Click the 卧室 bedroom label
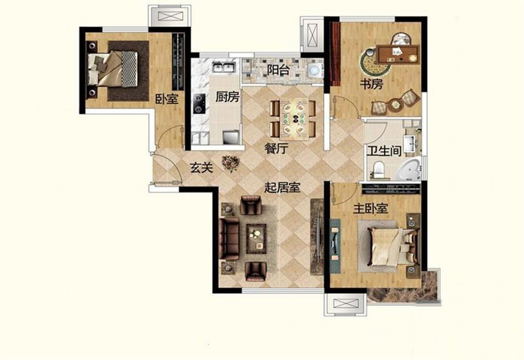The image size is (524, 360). [166, 99]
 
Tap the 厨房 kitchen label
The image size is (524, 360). [227, 97]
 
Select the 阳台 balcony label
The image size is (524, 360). [278, 70]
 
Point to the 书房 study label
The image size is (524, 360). [371, 84]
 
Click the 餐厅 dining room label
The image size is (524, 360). [276, 149]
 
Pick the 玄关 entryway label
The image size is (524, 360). [201, 168]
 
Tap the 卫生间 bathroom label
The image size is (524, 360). [384, 151]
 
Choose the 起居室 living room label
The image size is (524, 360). [282, 187]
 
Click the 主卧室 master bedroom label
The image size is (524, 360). [371, 209]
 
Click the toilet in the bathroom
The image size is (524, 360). [379, 170]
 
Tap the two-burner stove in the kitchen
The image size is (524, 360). [199, 103]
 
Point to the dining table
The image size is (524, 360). [294, 118]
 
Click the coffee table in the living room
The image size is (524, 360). [256, 238]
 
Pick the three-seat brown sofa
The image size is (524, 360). [229, 238]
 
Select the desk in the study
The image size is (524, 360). [398, 54]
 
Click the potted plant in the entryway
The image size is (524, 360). [231, 164]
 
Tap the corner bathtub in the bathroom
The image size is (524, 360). [408, 170]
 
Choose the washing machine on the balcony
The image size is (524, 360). [314, 71]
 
